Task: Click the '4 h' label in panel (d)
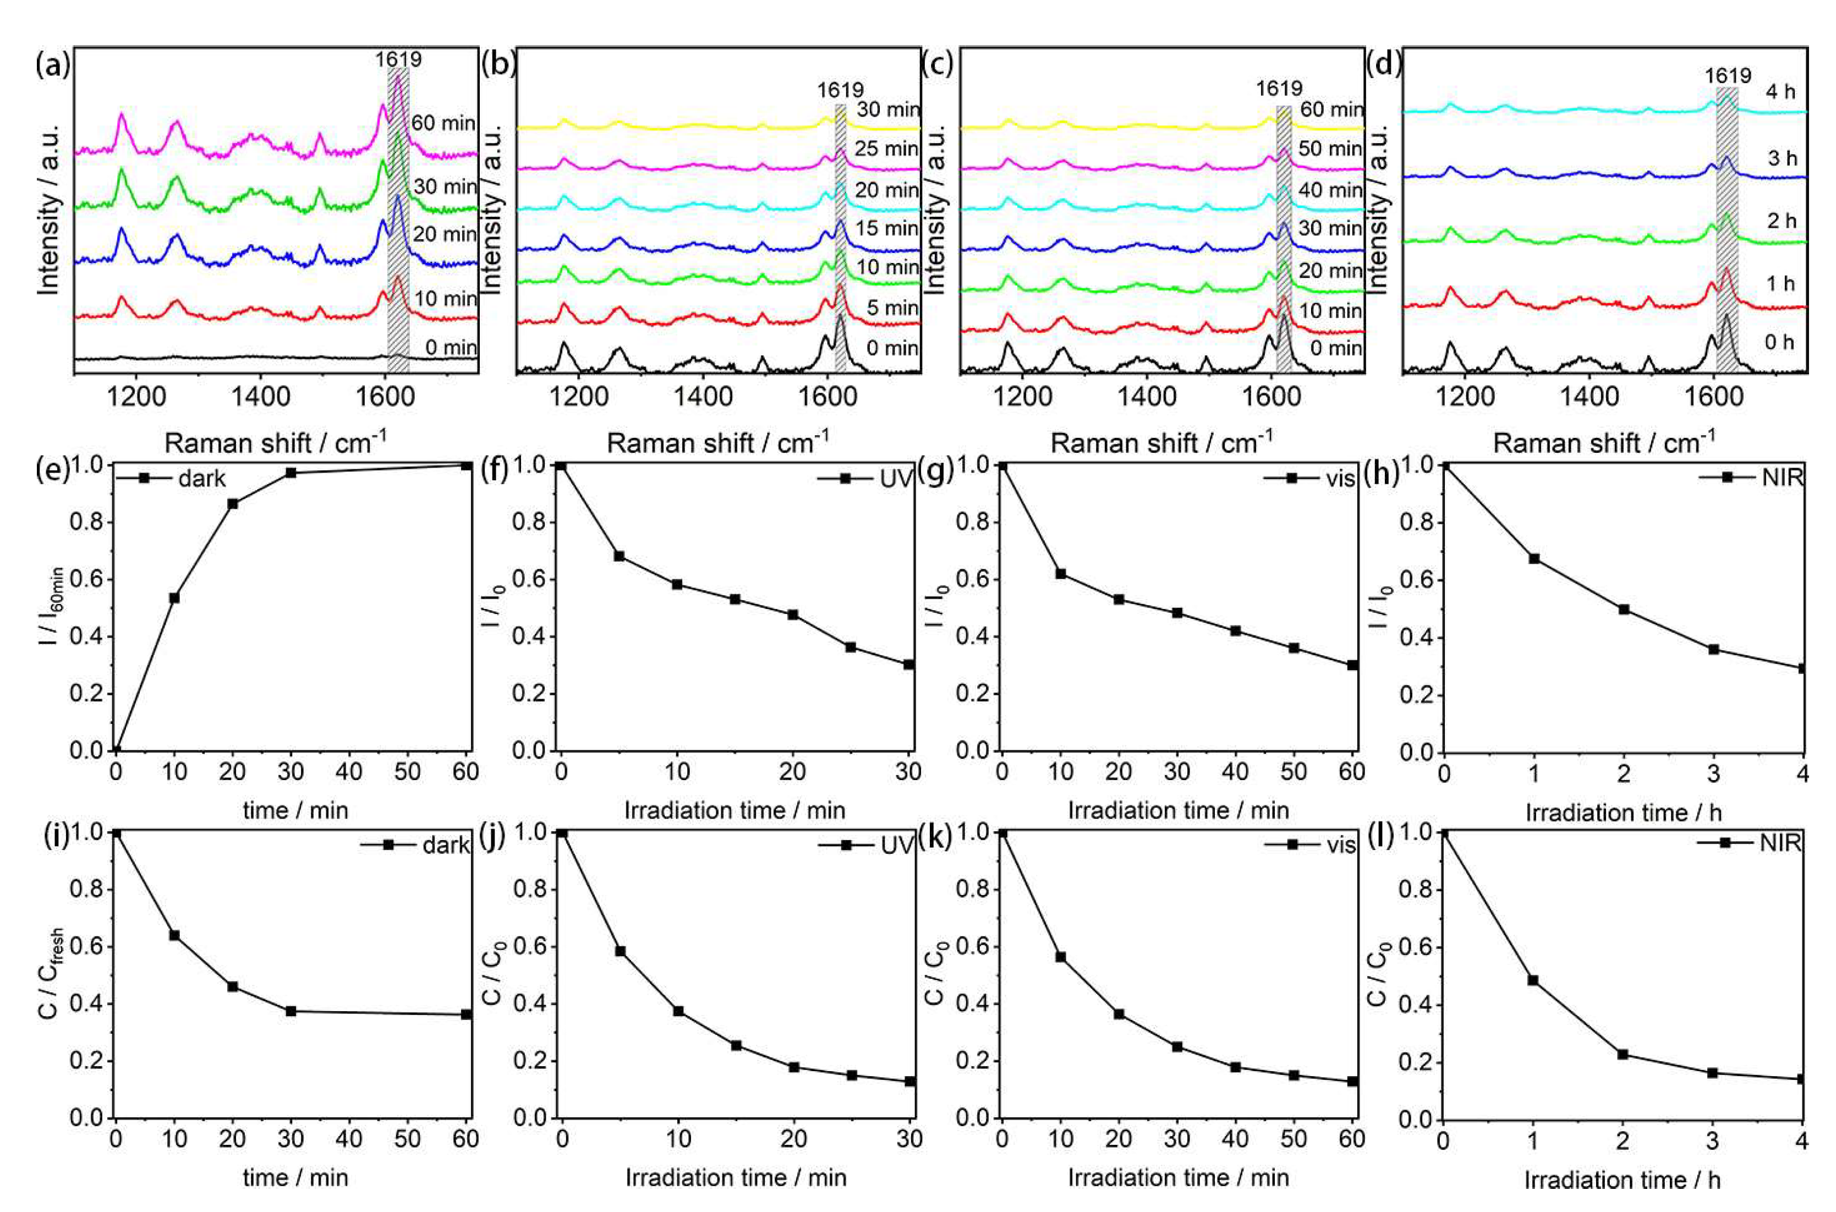1781,92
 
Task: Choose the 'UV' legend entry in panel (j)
896,846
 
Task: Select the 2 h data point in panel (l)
1623,1054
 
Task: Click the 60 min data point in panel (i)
466,1014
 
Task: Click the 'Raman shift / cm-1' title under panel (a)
275,443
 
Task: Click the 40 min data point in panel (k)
1235,1067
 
